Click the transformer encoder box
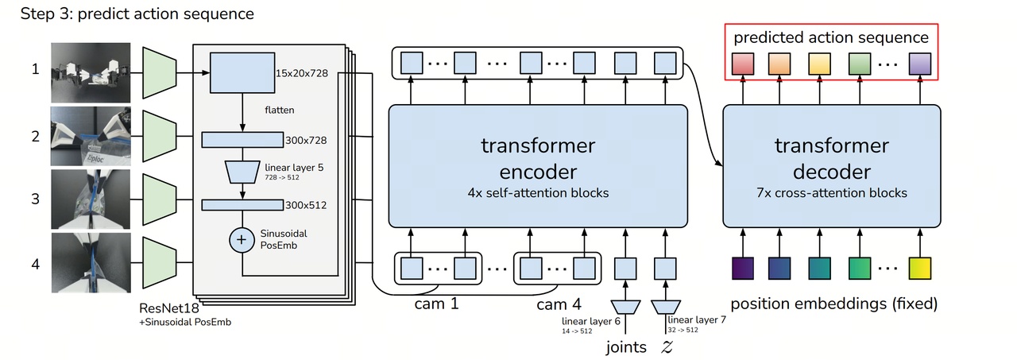pyautogui.click(x=537, y=165)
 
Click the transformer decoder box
pyautogui.click(x=832, y=165)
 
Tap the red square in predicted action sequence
pyautogui.click(x=742, y=63)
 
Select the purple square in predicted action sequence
pyautogui.click(x=920, y=63)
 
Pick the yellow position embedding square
pyautogui.click(x=920, y=268)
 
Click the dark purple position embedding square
pyautogui.click(x=742, y=268)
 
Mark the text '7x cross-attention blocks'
pyautogui.click(x=832, y=192)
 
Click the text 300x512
pyautogui.click(x=305, y=205)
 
